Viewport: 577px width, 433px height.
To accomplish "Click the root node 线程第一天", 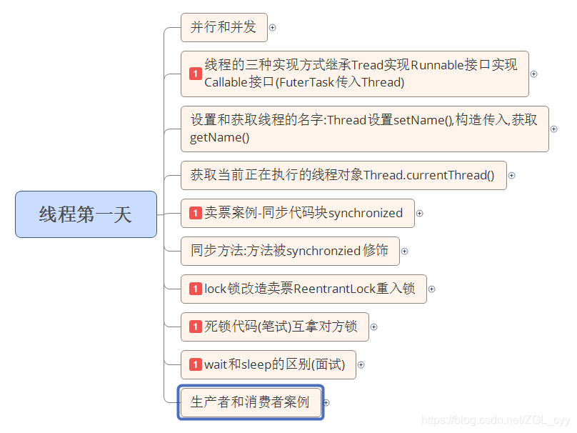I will tap(86, 214).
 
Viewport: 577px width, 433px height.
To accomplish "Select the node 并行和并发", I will tap(224, 28).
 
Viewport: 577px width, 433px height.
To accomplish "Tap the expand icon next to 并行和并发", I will tap(272, 28).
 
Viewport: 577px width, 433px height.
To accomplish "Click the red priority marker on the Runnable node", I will tap(195, 74).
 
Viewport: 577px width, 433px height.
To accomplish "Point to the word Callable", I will tap(225, 82).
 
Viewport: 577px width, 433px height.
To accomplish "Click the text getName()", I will tap(219, 137).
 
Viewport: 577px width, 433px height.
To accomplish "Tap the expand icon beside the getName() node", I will tap(553, 129).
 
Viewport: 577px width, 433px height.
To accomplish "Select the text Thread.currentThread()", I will tap(428, 175).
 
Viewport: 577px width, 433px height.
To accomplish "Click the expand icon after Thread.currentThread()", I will tap(511, 175).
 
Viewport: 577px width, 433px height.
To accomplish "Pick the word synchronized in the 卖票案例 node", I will tap(366, 213).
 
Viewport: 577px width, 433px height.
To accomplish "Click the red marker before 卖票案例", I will tap(195, 213).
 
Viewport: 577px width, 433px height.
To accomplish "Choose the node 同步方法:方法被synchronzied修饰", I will tap(289, 251).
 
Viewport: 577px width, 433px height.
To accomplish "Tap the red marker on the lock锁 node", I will tap(195, 289).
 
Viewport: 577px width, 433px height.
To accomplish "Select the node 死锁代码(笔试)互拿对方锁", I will tap(275, 327).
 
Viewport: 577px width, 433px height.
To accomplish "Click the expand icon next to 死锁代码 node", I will tap(373, 327).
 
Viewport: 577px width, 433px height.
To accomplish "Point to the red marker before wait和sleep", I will tap(195, 364).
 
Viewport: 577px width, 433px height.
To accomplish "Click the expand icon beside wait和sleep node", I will tap(361, 364).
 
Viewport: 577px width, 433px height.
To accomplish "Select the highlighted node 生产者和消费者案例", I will tap(250, 402).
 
